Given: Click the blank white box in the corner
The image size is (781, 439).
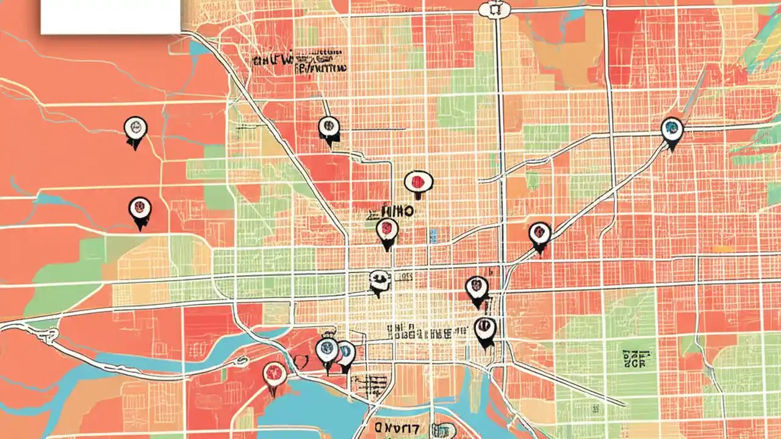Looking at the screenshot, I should click(x=110, y=16).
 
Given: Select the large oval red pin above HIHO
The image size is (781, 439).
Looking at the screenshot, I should click(x=419, y=182).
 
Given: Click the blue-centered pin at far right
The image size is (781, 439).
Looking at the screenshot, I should click(x=672, y=129).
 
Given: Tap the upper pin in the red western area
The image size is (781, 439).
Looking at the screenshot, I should click(x=135, y=128).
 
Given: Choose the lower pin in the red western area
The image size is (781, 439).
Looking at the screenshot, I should click(x=140, y=209).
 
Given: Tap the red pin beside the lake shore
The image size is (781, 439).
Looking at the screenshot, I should click(x=275, y=373).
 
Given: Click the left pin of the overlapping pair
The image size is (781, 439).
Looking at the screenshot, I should click(x=327, y=351).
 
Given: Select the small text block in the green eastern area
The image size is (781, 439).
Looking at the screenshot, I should click(x=635, y=359).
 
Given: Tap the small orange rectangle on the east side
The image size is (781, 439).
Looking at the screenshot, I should click(x=724, y=249).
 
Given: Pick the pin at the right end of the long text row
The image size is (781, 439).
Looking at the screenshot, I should click(x=485, y=329).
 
